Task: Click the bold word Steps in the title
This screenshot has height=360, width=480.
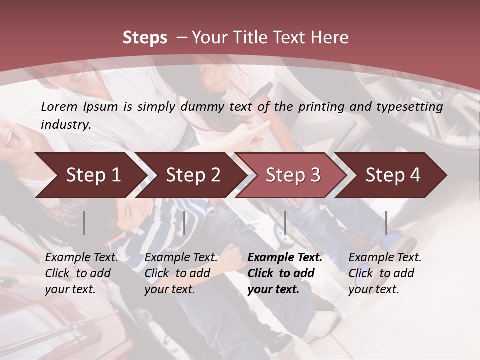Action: click(x=145, y=38)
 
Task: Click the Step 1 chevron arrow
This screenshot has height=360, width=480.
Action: click(x=90, y=175)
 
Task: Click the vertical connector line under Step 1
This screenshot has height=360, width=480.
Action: click(x=84, y=223)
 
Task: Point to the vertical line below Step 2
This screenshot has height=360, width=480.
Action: click(x=184, y=223)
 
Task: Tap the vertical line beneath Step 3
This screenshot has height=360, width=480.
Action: click(x=285, y=223)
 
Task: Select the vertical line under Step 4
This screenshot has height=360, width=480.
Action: click(x=386, y=223)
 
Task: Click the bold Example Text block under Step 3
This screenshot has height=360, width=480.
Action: click(x=285, y=273)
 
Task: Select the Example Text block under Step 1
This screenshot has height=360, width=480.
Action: click(x=81, y=273)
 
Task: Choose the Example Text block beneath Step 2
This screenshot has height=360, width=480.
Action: click(x=181, y=273)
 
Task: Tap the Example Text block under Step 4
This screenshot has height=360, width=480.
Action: click(x=385, y=273)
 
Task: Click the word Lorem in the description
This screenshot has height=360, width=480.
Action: click(x=59, y=106)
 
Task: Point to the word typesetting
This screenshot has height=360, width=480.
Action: click(x=412, y=106)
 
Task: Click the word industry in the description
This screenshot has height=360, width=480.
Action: click(x=65, y=124)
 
